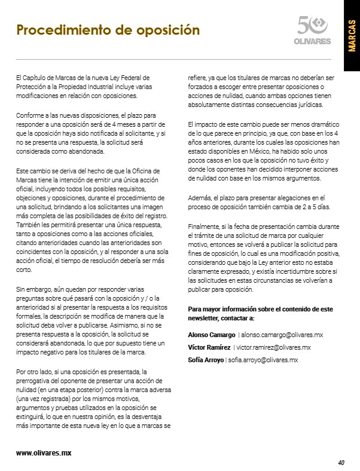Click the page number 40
pos(341,462)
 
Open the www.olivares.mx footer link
pos(44,453)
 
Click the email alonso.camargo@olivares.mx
pos(282,335)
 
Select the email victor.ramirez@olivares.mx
pos(273,347)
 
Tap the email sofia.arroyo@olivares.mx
pos(264,360)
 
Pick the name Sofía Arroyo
pos(206,360)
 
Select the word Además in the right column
pos(200,197)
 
